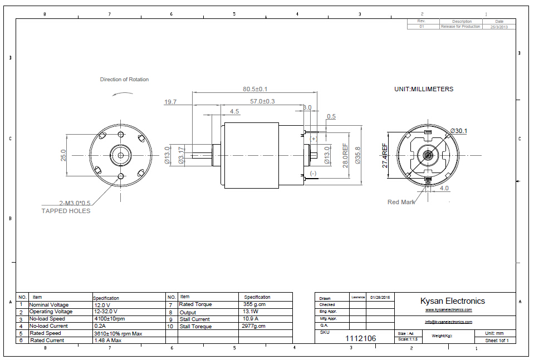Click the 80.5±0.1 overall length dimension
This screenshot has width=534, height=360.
[255, 89]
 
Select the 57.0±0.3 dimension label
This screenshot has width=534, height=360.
[262, 101]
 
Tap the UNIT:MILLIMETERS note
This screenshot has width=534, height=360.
[423, 89]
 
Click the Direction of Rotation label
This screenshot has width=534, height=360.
[124, 80]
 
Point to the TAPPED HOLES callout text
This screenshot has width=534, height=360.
[66, 211]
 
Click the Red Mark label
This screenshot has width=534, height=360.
[401, 202]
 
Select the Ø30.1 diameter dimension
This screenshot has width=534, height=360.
[458, 131]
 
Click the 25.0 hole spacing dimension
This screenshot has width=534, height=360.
[63, 155]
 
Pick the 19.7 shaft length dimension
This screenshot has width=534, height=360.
[170, 102]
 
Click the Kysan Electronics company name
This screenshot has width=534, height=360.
[452, 301]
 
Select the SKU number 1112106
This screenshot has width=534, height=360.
[361, 338]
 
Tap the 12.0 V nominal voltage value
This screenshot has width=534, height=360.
[102, 305]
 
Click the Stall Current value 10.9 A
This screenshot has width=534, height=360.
[251, 319]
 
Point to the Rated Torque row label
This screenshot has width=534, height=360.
[195, 305]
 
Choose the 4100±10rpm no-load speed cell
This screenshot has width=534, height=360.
[110, 319]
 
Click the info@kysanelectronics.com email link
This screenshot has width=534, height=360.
[448, 322]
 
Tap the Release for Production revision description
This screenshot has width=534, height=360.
[460, 27]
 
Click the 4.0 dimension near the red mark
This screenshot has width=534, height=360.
[444, 188]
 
